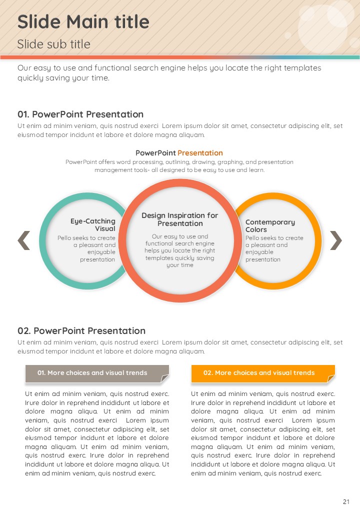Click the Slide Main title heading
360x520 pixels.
[x=83, y=22]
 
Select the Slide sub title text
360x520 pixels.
[x=54, y=44]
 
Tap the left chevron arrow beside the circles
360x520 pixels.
[x=24, y=240]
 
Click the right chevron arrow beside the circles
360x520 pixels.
[x=336, y=240]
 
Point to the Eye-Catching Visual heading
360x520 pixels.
[x=93, y=224]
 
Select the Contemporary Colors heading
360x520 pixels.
[x=270, y=225]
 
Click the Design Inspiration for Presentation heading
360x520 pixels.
[x=180, y=219]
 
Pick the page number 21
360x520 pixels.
[x=346, y=502]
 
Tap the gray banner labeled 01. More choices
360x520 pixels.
[x=92, y=373]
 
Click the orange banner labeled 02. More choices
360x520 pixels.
[x=258, y=373]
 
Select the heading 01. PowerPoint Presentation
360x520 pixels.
[x=80, y=114]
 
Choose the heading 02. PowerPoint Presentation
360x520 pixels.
[x=81, y=331]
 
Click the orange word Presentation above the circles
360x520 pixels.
[x=200, y=153]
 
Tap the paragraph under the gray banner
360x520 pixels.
[x=97, y=433]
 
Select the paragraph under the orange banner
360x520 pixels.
[x=263, y=433]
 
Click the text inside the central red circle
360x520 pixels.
[x=180, y=250]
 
